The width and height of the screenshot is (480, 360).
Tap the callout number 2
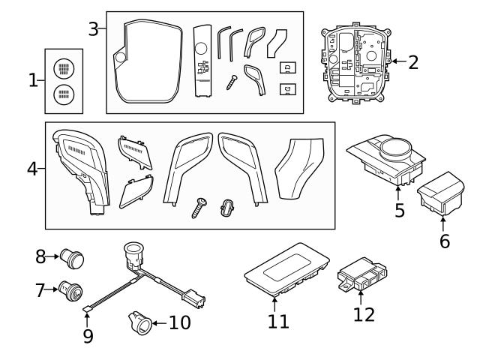pos(412,61)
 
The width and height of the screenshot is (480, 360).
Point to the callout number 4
pos(32,168)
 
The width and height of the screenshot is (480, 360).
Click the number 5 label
pos(400,211)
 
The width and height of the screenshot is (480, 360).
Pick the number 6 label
pos(445,242)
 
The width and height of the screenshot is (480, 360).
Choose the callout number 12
pos(364,313)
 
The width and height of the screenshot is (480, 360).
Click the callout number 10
pos(179,323)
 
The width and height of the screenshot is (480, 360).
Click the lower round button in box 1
pos(64,95)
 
